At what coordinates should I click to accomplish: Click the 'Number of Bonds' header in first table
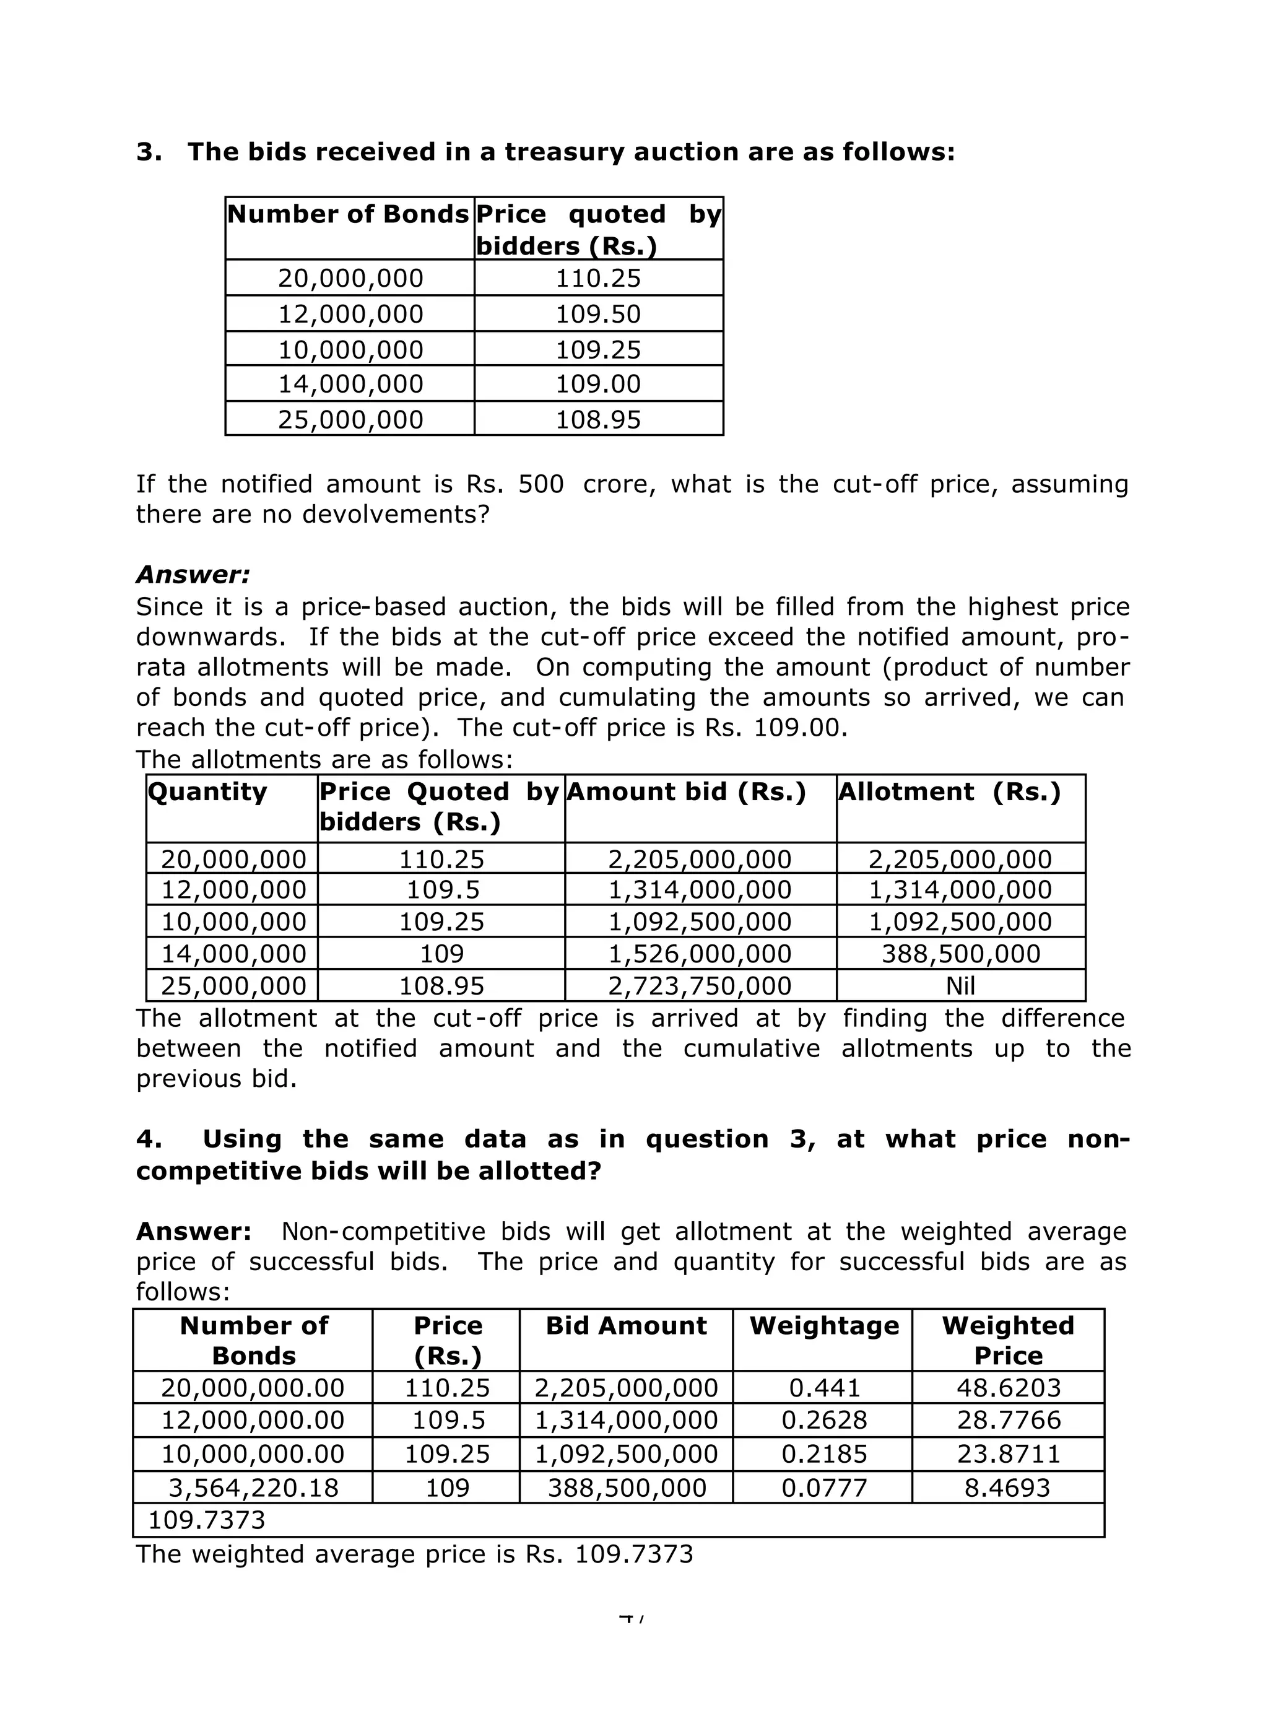coord(348,214)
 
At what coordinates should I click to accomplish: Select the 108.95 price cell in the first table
coord(598,420)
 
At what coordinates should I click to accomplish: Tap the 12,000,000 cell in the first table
coord(350,314)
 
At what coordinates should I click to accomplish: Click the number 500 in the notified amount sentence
coord(541,484)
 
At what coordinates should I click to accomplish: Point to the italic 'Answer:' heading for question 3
coord(193,574)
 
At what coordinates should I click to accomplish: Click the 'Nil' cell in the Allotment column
coord(960,986)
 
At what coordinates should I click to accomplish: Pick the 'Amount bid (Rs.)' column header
coord(686,792)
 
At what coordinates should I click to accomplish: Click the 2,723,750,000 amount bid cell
coord(699,986)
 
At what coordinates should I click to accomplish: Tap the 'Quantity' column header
coord(207,792)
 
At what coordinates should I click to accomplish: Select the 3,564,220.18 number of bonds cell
coord(253,1488)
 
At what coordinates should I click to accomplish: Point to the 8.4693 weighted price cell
coord(1007,1488)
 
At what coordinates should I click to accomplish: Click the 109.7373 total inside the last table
coord(206,1520)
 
